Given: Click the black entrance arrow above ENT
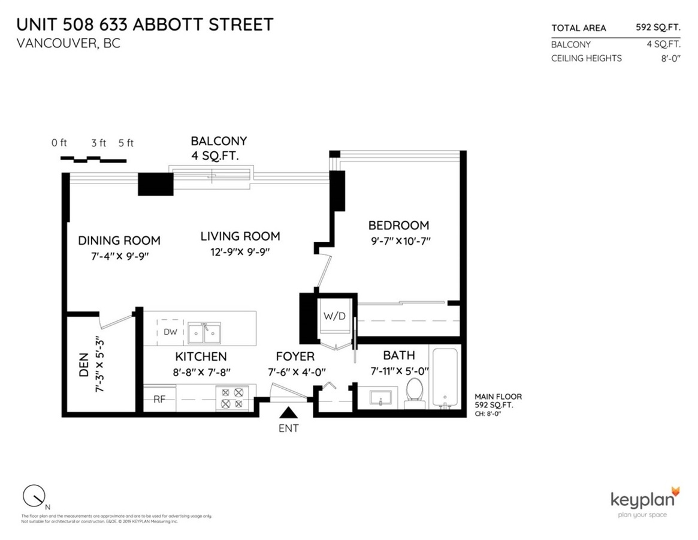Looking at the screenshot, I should [x=289, y=413].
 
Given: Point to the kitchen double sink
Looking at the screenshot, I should [x=204, y=332].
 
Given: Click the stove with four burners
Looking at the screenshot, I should [x=232, y=398].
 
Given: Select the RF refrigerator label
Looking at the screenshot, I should [x=159, y=399].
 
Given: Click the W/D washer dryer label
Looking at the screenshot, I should [x=334, y=316].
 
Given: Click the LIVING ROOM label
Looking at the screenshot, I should [x=240, y=236].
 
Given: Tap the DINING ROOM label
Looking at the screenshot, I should [x=119, y=241].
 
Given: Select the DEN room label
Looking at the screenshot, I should [x=84, y=365].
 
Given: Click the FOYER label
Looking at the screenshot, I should [x=295, y=356].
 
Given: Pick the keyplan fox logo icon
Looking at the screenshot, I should [x=675, y=491].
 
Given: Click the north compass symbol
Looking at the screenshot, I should [x=34, y=496].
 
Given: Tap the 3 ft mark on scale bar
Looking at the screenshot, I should [x=98, y=143].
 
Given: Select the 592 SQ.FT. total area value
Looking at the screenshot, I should [x=657, y=28].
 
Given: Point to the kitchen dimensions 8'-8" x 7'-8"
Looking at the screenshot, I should [x=201, y=372].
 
